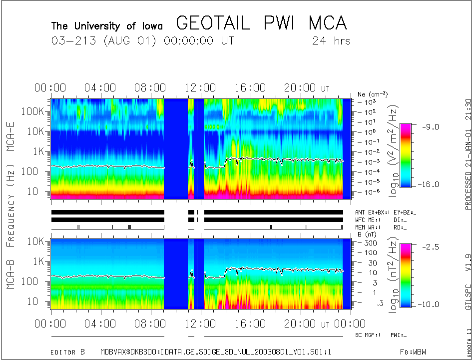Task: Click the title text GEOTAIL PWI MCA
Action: point(262,23)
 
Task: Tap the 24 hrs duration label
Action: point(331,40)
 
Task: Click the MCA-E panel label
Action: point(10,133)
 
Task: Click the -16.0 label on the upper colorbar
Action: point(427,184)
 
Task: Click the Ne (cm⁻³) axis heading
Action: point(373,94)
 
